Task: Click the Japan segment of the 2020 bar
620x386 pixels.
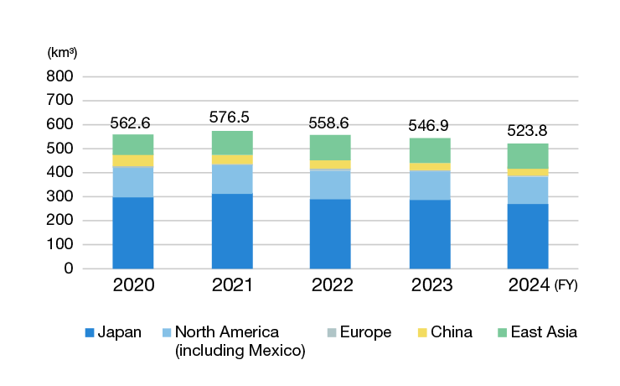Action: click(x=133, y=232)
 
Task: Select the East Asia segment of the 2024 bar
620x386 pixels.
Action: click(x=528, y=156)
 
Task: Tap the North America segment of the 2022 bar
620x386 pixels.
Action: click(x=330, y=184)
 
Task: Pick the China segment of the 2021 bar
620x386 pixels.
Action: click(x=232, y=159)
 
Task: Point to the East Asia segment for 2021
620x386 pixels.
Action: click(x=232, y=143)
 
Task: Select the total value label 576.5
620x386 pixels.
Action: click(x=232, y=117)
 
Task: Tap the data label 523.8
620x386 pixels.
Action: click(x=528, y=131)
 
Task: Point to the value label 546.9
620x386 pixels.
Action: click(x=429, y=125)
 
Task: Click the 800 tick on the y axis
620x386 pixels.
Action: click(x=62, y=76)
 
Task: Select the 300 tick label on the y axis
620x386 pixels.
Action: click(x=62, y=196)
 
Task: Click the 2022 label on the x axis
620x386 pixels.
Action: click(x=330, y=285)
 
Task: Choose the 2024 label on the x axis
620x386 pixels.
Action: click(x=528, y=285)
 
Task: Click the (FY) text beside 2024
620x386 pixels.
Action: click(x=566, y=286)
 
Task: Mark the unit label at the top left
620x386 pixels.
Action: click(x=63, y=53)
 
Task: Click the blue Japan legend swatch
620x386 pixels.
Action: click(x=90, y=332)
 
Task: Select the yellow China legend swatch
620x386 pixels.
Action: click(x=422, y=332)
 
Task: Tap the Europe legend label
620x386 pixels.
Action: click(x=367, y=332)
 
